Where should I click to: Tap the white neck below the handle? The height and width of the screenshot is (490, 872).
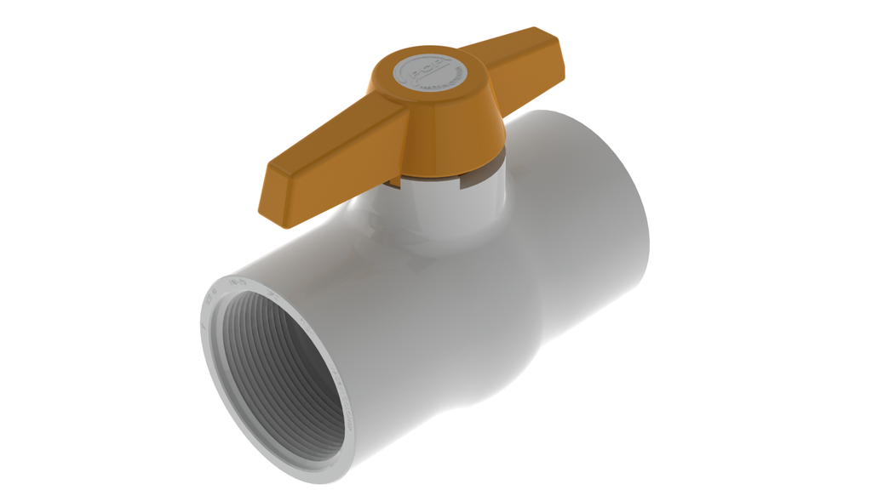pyautogui.click(x=443, y=213)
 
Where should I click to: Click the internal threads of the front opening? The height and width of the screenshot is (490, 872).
pyautogui.click(x=281, y=374)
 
